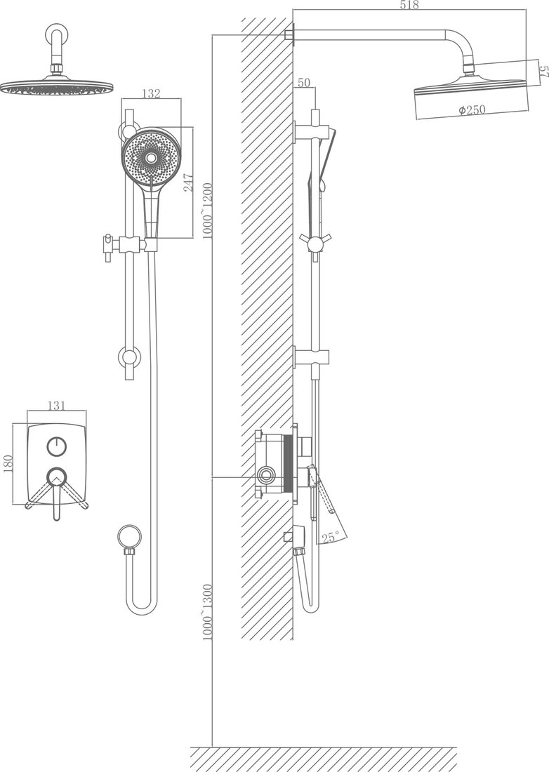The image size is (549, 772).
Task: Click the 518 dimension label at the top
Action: coord(409,5)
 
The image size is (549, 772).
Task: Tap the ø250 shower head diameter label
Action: coord(472,109)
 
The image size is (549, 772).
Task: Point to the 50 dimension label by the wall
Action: coord(304,82)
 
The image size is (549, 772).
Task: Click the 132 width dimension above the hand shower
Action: coord(151,93)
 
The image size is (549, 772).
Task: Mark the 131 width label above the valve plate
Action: coord(57,405)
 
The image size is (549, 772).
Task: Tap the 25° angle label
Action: coord(331,537)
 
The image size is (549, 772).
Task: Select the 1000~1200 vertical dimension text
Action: coord(207,211)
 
